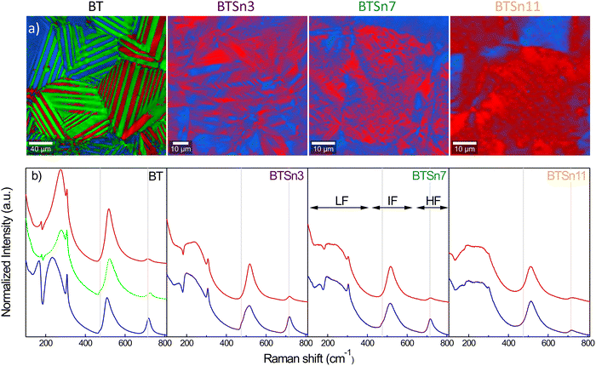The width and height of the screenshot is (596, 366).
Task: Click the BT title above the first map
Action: point(95,7)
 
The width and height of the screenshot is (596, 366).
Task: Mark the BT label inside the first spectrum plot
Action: point(152,177)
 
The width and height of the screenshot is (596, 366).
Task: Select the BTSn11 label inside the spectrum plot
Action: point(565,177)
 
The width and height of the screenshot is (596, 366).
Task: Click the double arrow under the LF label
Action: point(339,207)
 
